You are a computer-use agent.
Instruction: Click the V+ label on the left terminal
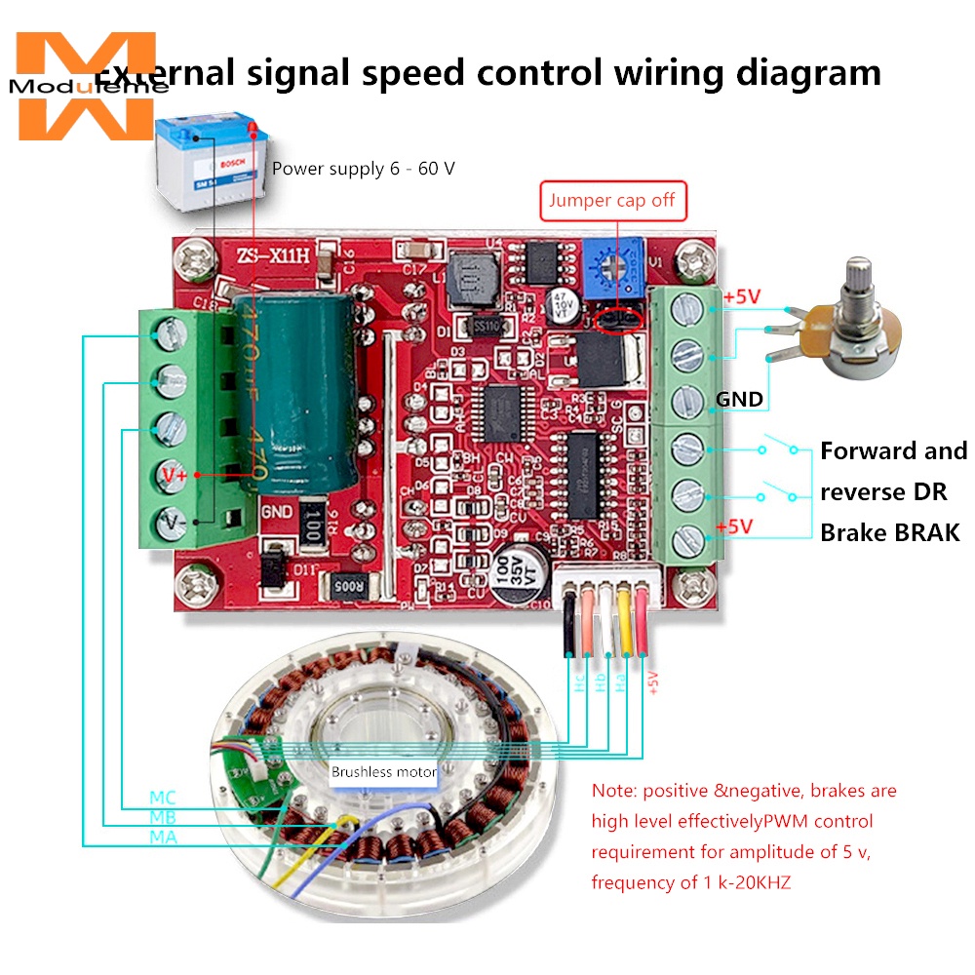click(175, 474)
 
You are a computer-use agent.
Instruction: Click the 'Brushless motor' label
click(383, 771)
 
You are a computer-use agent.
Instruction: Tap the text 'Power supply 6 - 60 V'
click(363, 169)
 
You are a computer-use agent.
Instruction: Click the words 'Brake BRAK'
click(889, 532)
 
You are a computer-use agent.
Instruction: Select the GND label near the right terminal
click(739, 400)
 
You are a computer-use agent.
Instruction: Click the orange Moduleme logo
click(86, 86)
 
